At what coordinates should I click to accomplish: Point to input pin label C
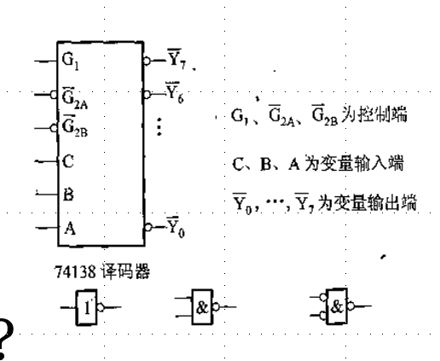click(x=67, y=160)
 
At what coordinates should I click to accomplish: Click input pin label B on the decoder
click(x=67, y=194)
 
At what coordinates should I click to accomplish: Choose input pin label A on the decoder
click(x=67, y=227)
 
